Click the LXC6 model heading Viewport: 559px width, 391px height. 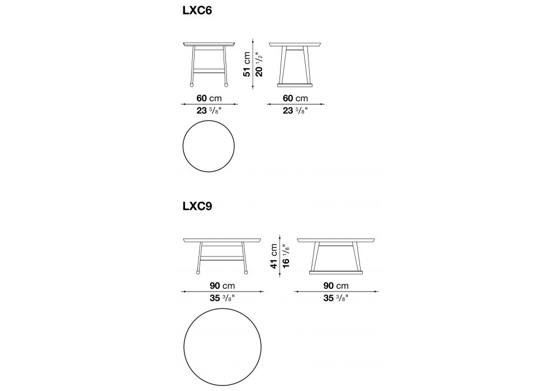click(x=197, y=11)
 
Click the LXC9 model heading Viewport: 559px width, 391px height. click(x=197, y=207)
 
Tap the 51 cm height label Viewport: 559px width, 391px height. click(x=247, y=64)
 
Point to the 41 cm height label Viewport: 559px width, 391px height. click(x=274, y=256)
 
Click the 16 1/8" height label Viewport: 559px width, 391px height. click(x=286, y=256)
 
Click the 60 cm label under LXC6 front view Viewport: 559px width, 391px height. click(x=209, y=98)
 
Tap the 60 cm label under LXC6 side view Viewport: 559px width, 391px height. click(x=295, y=98)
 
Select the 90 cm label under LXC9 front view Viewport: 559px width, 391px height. click(x=222, y=285)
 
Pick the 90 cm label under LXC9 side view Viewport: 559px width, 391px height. click(x=336, y=285)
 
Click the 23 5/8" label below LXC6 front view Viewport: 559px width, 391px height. click(x=209, y=111)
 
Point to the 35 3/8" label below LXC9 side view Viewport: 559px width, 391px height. click(x=336, y=298)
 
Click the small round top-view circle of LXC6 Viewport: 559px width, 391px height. click(x=183, y=146)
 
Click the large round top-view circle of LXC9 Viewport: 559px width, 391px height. click(x=184, y=347)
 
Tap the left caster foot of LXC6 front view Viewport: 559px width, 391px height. click(x=192, y=85)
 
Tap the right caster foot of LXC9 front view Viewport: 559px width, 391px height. click(x=245, y=273)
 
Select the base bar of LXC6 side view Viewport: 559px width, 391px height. click(x=295, y=85)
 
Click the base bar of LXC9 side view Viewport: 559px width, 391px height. click(x=336, y=273)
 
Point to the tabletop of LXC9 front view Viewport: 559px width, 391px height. click(x=222, y=240)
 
